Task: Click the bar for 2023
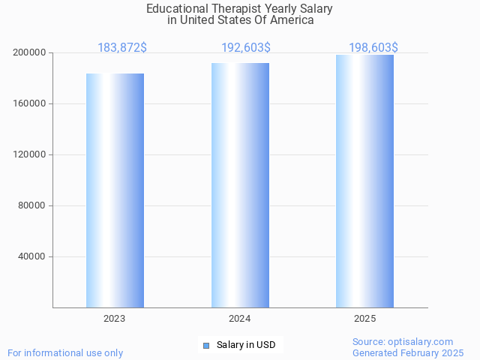coord(115,190)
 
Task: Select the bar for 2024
coord(240,185)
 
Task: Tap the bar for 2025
coord(364,181)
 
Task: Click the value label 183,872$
coord(122,47)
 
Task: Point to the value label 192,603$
coord(246,47)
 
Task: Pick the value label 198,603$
coord(373,47)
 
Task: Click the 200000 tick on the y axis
coord(30,53)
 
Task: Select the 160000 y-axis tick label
coord(30,104)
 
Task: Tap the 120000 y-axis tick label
coord(30,155)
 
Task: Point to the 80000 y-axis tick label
coord(32,206)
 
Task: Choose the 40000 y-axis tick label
coord(32,257)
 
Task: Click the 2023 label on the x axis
coord(115,319)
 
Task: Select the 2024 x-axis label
coord(240,319)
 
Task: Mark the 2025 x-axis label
coord(364,319)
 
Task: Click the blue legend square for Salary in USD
coord(206,345)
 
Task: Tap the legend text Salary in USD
coord(246,345)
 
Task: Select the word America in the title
coord(292,20)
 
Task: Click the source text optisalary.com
coord(421,342)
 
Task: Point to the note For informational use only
coord(65,352)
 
